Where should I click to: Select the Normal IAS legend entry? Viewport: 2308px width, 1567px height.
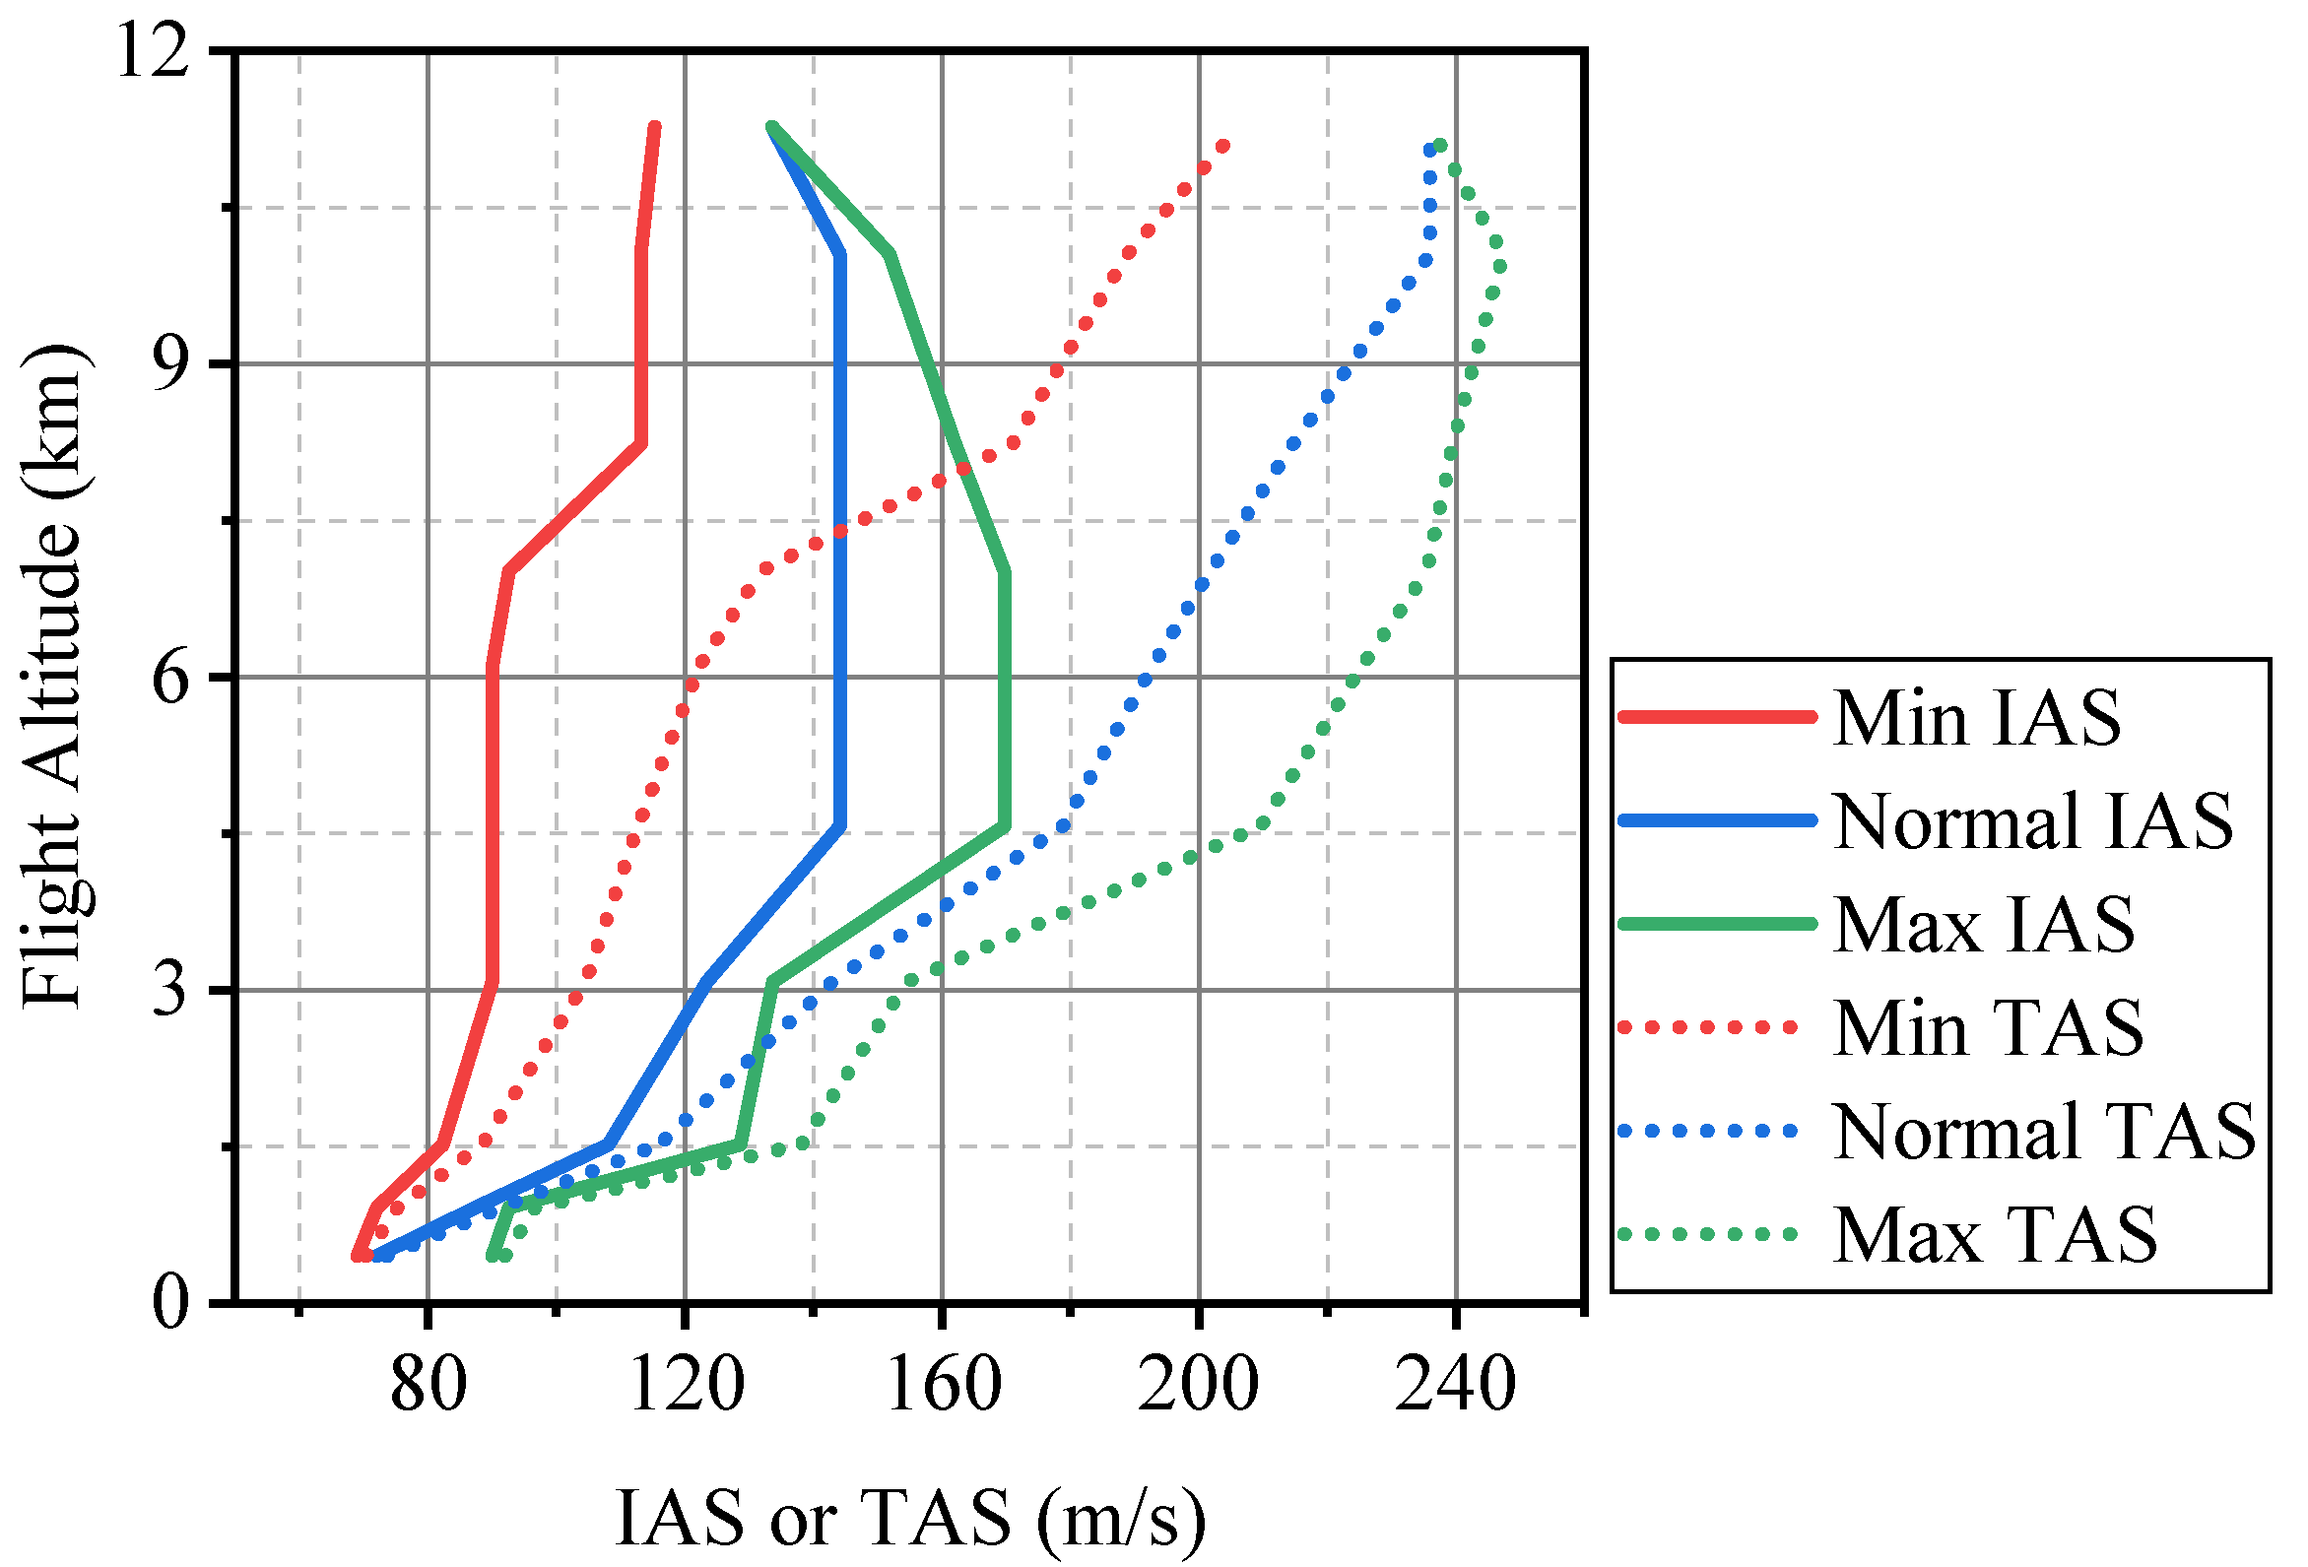pyautogui.click(x=2031, y=821)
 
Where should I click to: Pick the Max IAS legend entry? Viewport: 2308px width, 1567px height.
pyautogui.click(x=1982, y=925)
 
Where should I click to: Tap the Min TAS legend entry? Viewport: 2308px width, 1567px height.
pyautogui.click(x=1987, y=1029)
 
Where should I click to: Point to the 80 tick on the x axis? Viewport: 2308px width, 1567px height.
pyautogui.click(x=429, y=1385)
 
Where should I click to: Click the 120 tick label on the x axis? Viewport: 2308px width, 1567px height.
pyautogui.click(x=687, y=1385)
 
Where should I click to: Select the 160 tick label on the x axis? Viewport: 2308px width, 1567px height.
pyautogui.click(x=943, y=1385)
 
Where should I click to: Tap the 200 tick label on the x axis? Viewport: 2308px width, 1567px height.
pyautogui.click(x=1199, y=1385)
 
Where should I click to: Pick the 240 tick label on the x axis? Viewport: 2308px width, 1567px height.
pyautogui.click(x=1456, y=1385)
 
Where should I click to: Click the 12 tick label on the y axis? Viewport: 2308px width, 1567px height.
pyautogui.click(x=153, y=51)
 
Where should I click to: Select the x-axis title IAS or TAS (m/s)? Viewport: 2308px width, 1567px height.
pyautogui.click(x=909, y=1520)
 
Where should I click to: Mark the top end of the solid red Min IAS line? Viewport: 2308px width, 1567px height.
pyautogui.click(x=654, y=127)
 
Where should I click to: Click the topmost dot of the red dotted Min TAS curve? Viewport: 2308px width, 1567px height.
pyautogui.click(x=1223, y=146)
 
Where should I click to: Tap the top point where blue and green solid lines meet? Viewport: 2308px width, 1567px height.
pyautogui.click(x=771, y=127)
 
